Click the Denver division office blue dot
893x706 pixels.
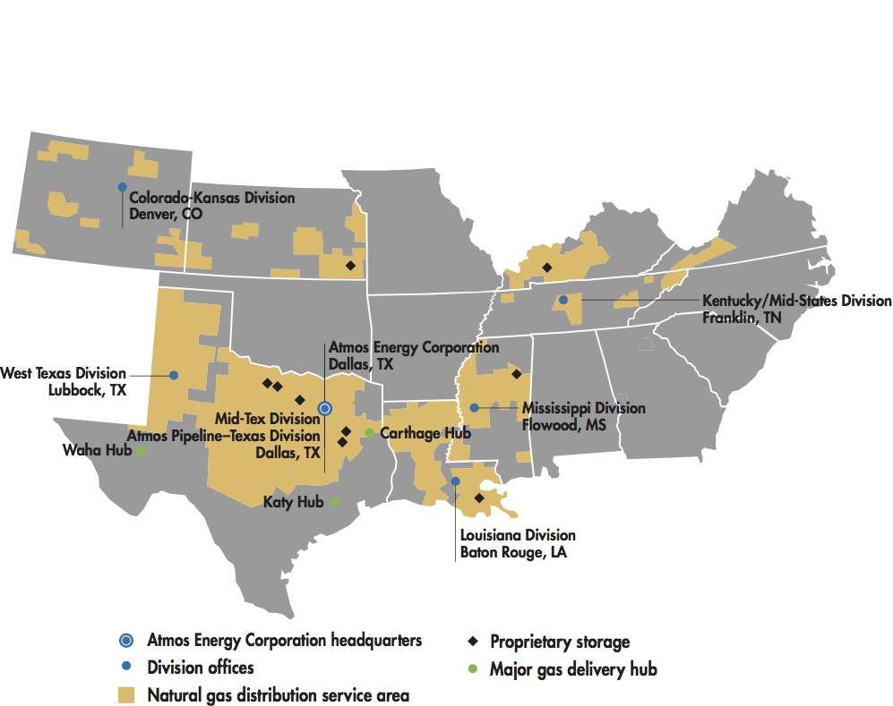coord(122,186)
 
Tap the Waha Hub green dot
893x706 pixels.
coord(141,451)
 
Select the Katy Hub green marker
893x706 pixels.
coord(334,502)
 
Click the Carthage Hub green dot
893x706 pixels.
coord(369,433)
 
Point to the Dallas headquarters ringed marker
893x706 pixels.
coord(325,408)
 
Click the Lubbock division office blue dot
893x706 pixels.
coord(174,375)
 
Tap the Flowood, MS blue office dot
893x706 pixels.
coord(473,408)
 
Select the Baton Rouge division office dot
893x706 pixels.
coord(455,481)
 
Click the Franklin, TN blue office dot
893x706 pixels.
coord(562,300)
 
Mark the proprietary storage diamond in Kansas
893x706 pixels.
coord(350,266)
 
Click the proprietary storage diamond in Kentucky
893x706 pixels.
coord(546,267)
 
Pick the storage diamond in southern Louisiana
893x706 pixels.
coord(478,498)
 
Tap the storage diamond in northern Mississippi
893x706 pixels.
coord(516,374)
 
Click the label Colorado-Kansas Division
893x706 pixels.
coord(211,198)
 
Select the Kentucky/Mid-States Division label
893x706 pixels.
coord(796,301)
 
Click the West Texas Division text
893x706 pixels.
coord(64,373)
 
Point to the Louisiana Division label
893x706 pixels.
coord(518,535)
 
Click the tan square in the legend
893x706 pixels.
coord(127,694)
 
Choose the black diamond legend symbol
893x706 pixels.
coord(472,642)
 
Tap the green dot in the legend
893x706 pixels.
coord(472,668)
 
